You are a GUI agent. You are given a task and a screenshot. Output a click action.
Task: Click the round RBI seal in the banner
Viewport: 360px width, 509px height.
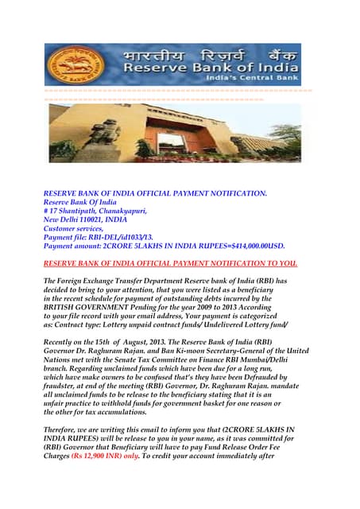[x=70, y=64]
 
